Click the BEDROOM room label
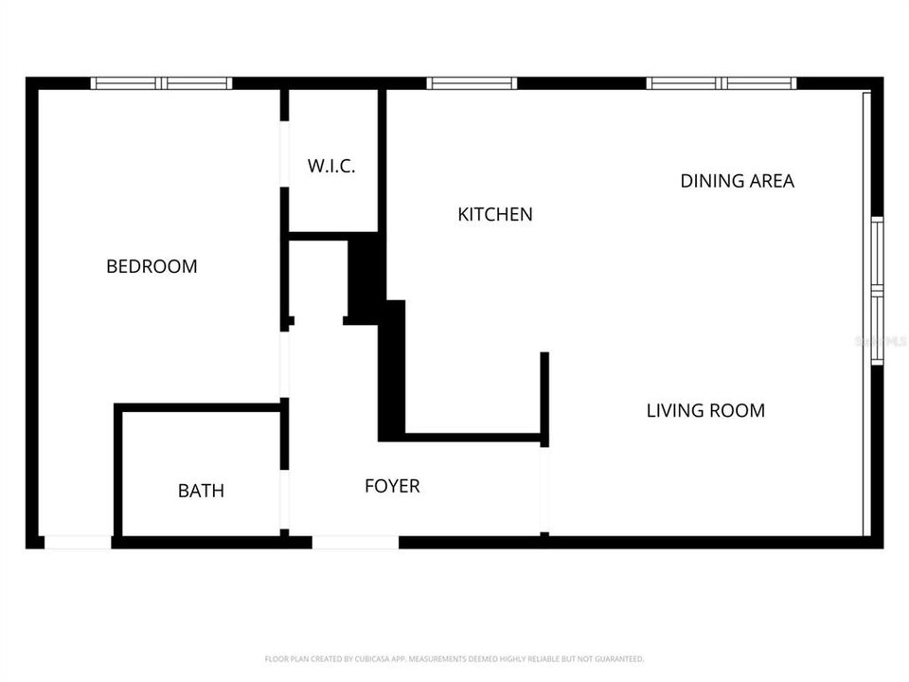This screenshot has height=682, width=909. click(151, 266)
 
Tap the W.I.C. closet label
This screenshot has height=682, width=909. click(331, 166)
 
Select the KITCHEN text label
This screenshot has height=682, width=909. click(494, 214)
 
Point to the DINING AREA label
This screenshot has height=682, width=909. click(737, 180)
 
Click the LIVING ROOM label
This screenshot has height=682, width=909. click(705, 410)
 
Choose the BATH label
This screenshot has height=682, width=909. click(201, 491)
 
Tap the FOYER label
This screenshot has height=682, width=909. click(392, 486)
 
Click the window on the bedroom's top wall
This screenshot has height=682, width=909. click(161, 83)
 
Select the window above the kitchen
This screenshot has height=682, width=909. click(472, 83)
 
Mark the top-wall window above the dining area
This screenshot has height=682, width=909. click(722, 83)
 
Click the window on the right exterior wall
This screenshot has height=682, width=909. click(877, 290)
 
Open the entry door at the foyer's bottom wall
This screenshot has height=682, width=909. click(355, 542)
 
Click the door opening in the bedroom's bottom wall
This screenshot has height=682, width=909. click(78, 542)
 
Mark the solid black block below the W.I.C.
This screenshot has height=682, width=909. click(365, 275)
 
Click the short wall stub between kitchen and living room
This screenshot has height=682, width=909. click(544, 398)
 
